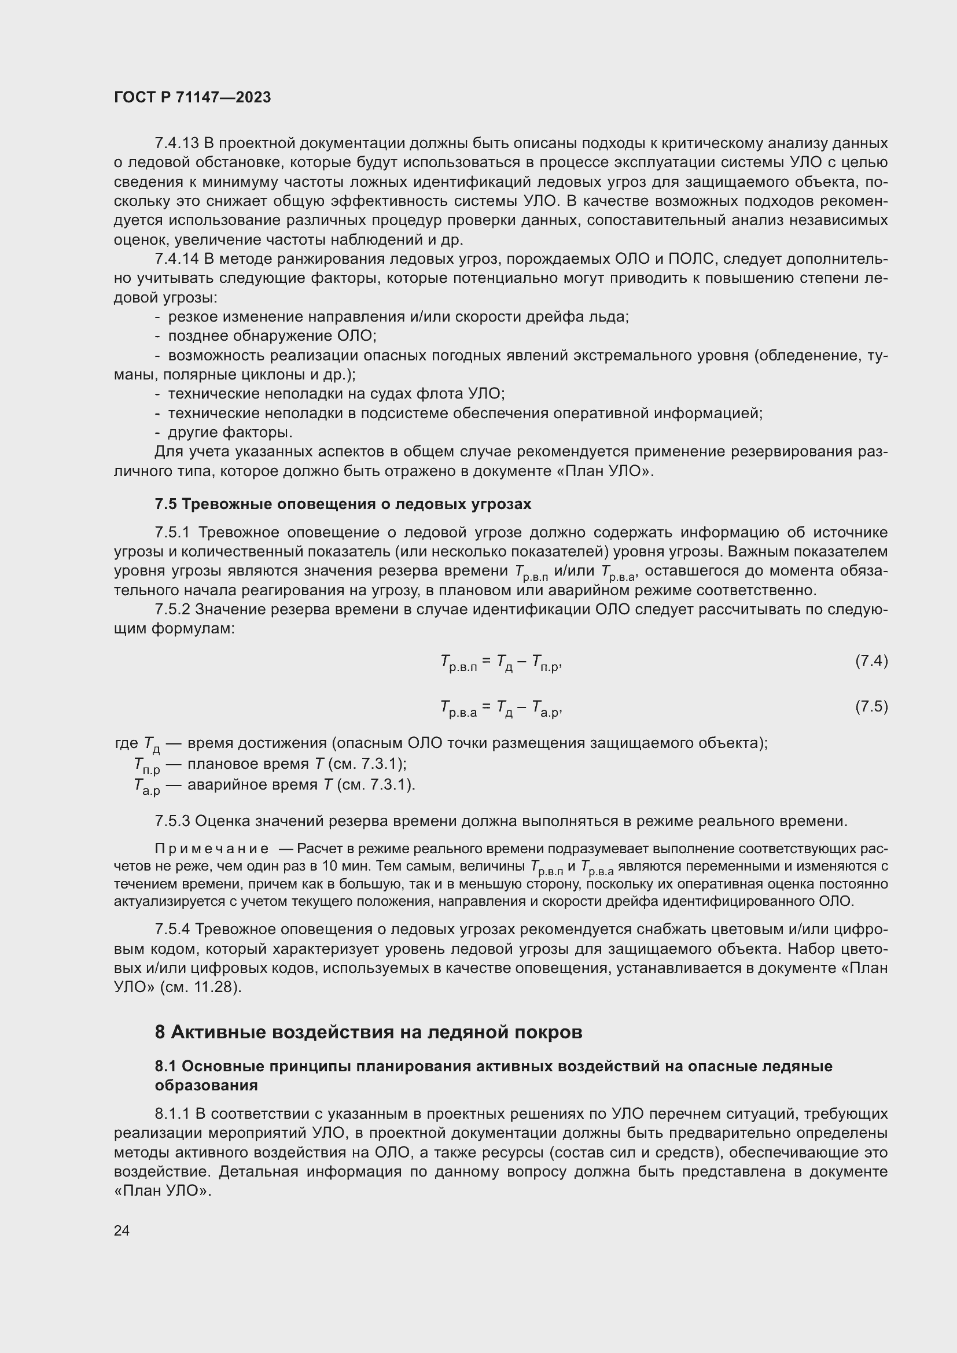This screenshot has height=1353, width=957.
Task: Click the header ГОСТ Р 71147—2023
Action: click(192, 97)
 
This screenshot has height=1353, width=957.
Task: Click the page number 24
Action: click(122, 1230)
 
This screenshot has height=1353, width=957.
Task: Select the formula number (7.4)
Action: click(871, 661)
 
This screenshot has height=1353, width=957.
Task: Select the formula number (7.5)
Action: click(871, 706)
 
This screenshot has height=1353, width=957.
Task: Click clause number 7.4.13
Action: click(176, 143)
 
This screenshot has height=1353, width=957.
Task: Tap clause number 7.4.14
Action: click(176, 259)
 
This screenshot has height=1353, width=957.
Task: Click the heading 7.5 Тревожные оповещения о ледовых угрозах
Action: click(343, 504)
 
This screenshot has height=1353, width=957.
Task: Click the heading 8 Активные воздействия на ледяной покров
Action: click(369, 1032)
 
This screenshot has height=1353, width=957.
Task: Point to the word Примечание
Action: click(212, 849)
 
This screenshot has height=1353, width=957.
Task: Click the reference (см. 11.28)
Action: click(200, 987)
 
